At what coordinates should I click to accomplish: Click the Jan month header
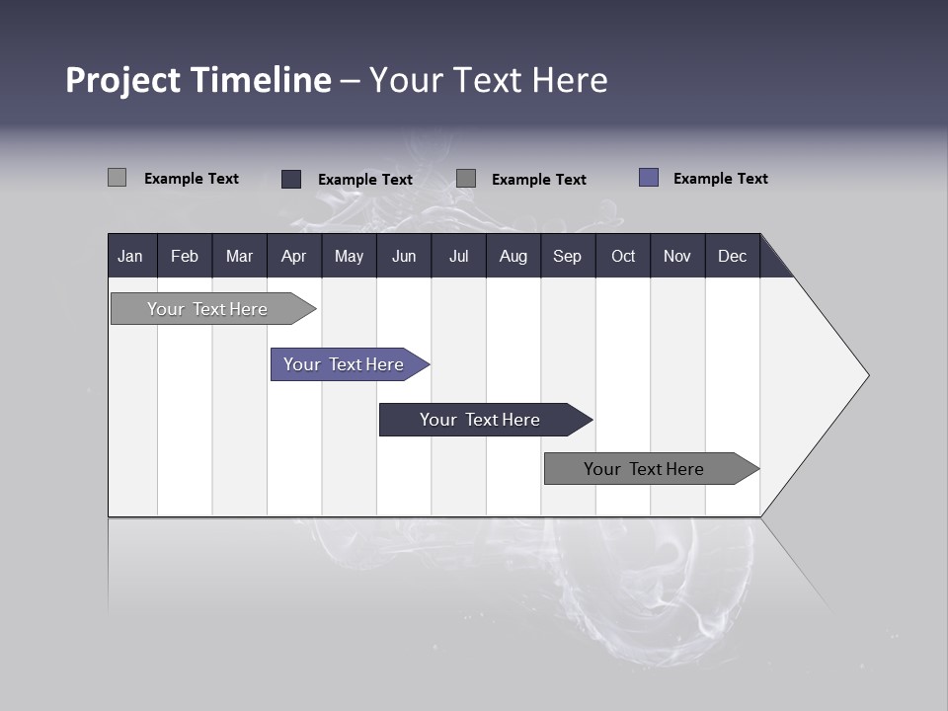pyautogui.click(x=130, y=256)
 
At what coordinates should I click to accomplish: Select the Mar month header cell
pyautogui.click(x=239, y=256)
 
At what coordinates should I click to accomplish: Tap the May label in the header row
pyautogui.click(x=349, y=256)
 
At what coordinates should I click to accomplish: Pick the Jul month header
pyautogui.click(x=458, y=256)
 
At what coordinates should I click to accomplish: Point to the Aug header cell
pyautogui.click(x=513, y=256)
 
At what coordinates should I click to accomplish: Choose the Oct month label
pyautogui.click(x=622, y=256)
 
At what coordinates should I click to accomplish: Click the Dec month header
pyautogui.click(x=732, y=256)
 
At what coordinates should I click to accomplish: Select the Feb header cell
pyautogui.click(x=185, y=256)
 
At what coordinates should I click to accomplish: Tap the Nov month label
pyautogui.click(x=676, y=256)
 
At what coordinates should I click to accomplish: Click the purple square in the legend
pyautogui.click(x=649, y=178)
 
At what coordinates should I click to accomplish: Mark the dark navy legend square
pyautogui.click(x=291, y=179)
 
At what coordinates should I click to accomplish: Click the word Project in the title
pyautogui.click(x=123, y=80)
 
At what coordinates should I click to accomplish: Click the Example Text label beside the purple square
pyautogui.click(x=720, y=179)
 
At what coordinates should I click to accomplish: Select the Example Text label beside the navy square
pyautogui.click(x=364, y=180)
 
